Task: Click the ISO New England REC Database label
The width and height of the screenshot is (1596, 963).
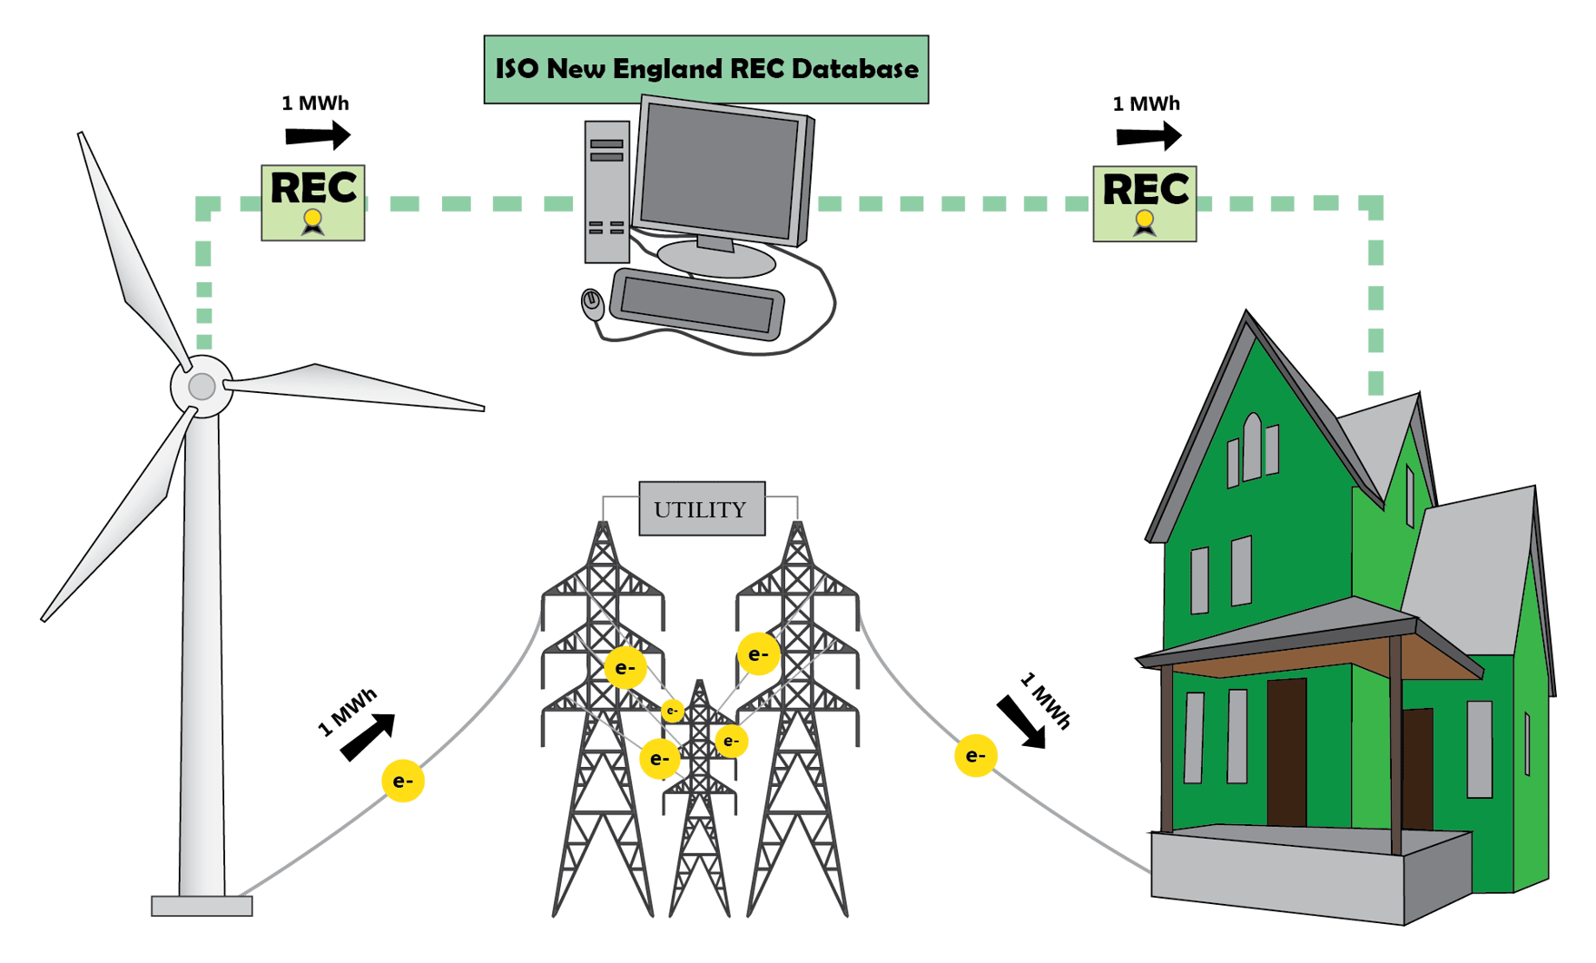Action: pos(705,70)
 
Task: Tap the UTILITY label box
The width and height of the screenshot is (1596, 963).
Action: pos(702,509)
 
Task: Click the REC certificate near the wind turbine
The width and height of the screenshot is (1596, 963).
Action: pos(313,202)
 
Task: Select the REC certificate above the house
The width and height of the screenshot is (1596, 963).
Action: pos(1145,203)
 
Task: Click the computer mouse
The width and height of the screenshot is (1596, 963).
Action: pos(592,303)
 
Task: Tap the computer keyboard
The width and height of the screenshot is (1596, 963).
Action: pos(696,304)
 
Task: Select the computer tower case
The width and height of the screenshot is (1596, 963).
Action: pos(606,192)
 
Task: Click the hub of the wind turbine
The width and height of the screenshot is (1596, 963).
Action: pos(202,387)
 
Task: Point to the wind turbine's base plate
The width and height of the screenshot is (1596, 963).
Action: pos(202,906)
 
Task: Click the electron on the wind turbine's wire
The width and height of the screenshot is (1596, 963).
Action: pos(403,781)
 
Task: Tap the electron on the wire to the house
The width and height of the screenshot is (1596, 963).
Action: pos(976,755)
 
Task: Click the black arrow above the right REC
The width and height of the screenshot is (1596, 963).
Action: pos(1148,136)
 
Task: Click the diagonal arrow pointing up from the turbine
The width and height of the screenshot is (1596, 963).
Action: pos(369,736)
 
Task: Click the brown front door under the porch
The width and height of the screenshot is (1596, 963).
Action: pos(1286,753)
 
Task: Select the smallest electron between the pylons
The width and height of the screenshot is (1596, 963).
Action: pos(672,711)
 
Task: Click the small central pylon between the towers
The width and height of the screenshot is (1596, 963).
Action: pos(700,799)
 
